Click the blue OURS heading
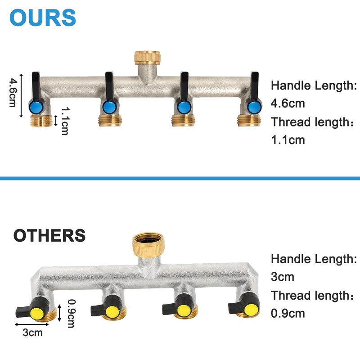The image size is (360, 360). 43,17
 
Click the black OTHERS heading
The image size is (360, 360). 49,235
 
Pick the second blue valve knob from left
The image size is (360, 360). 108,107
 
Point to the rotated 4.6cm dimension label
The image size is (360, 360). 13,92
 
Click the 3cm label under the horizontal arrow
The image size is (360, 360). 32,333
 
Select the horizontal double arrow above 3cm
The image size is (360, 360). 32,324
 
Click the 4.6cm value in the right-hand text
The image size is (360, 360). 288,103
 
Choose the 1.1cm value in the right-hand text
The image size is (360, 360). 288,140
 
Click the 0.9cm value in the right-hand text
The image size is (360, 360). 288,313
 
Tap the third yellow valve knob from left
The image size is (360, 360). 183,310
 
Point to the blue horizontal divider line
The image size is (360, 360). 180,179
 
